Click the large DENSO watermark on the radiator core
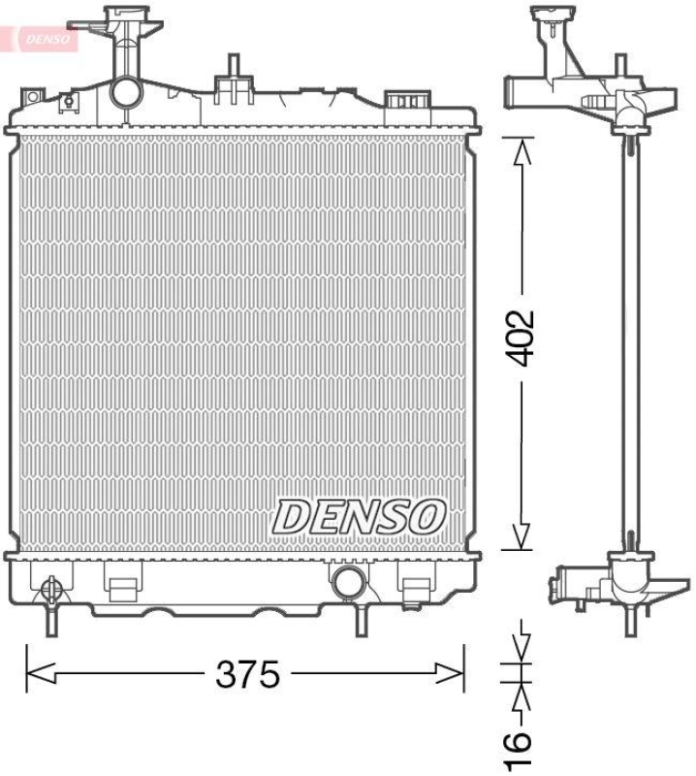[358, 516]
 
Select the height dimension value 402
[522, 338]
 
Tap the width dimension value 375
[247, 672]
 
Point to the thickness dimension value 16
[520, 742]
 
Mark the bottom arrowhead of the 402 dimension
[522, 538]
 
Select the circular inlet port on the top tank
[125, 93]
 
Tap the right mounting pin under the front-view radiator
[363, 619]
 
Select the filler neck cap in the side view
[554, 20]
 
